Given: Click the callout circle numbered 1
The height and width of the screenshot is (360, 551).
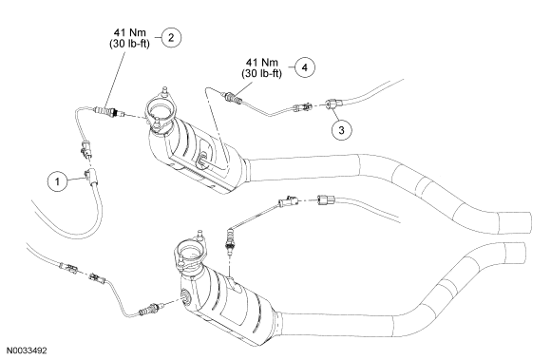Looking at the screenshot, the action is [x=57, y=181].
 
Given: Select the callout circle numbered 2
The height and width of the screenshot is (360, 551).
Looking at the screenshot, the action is [x=171, y=37].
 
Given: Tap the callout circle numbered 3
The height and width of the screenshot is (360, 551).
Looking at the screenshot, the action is [x=342, y=130].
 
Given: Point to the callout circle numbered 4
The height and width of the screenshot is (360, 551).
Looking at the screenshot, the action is [x=305, y=67].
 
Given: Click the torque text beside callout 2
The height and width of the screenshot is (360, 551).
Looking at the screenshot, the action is [x=129, y=38].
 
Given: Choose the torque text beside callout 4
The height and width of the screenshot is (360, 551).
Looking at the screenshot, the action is [x=261, y=67].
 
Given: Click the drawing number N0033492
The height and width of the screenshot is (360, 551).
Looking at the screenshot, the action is [x=27, y=351].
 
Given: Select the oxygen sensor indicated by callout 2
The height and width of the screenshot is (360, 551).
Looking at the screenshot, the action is [x=109, y=112].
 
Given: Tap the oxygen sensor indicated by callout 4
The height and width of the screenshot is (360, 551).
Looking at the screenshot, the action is [x=232, y=98].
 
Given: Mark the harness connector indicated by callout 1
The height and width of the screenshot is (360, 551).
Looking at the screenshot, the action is [x=91, y=177].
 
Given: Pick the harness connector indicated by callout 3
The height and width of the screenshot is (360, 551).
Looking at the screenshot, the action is [x=332, y=104].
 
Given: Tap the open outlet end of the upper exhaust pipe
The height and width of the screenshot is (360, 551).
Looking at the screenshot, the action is [x=516, y=223].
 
